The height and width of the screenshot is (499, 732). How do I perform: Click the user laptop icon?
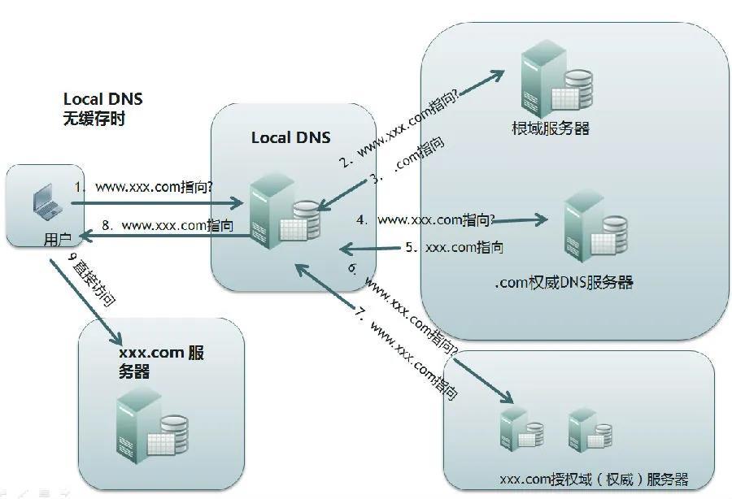(x=41, y=202)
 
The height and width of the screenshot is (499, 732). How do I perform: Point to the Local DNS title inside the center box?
(x=290, y=137)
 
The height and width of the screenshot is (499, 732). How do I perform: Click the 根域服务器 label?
(x=551, y=128)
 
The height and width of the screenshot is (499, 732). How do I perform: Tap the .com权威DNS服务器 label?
(x=563, y=283)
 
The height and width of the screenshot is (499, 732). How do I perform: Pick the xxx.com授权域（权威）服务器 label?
(x=594, y=478)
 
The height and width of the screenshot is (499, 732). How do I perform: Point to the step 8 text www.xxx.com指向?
(x=176, y=225)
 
